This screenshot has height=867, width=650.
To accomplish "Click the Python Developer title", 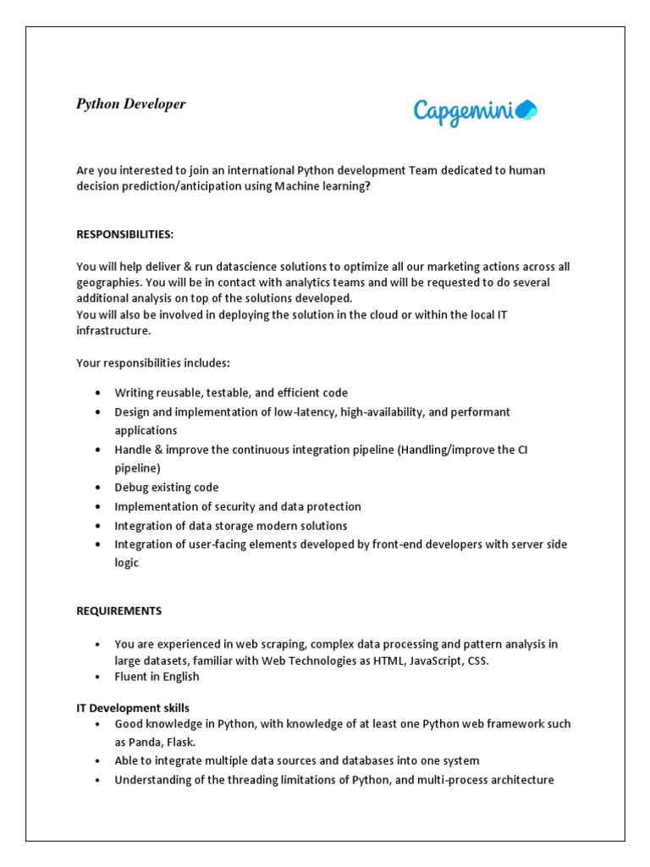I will [x=130, y=104].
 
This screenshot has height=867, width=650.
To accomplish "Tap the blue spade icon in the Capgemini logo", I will [x=527, y=109].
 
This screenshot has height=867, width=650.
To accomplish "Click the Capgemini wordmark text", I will [x=465, y=112].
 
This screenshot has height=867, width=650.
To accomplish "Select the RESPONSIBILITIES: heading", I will [x=124, y=234].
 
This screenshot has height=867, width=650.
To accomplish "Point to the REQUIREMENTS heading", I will [x=118, y=610].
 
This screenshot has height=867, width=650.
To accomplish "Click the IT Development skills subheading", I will [x=133, y=708].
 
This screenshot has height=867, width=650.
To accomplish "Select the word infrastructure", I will [x=113, y=331].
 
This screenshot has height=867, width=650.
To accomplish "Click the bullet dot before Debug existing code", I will [x=98, y=488].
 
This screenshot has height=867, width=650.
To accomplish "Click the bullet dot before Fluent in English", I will [x=98, y=676].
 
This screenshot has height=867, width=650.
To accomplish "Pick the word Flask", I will [x=180, y=741].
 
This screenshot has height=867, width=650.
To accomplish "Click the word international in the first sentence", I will [x=254, y=170].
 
